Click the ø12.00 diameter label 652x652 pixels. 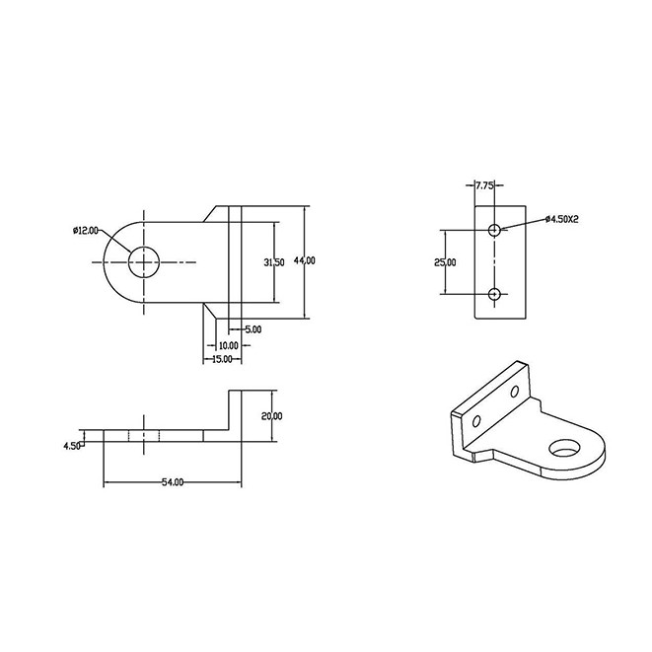[x=85, y=230]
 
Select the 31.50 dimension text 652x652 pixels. [x=274, y=262]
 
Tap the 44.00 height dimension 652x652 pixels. [x=305, y=260]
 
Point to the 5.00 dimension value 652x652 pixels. [x=253, y=329]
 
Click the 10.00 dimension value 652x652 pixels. [x=228, y=345]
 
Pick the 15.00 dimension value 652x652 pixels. [x=222, y=359]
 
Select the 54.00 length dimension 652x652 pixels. [x=173, y=482]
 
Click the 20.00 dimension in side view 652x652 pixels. [x=272, y=416]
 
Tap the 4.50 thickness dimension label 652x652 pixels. [x=72, y=446]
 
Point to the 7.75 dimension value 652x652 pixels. [x=484, y=185]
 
